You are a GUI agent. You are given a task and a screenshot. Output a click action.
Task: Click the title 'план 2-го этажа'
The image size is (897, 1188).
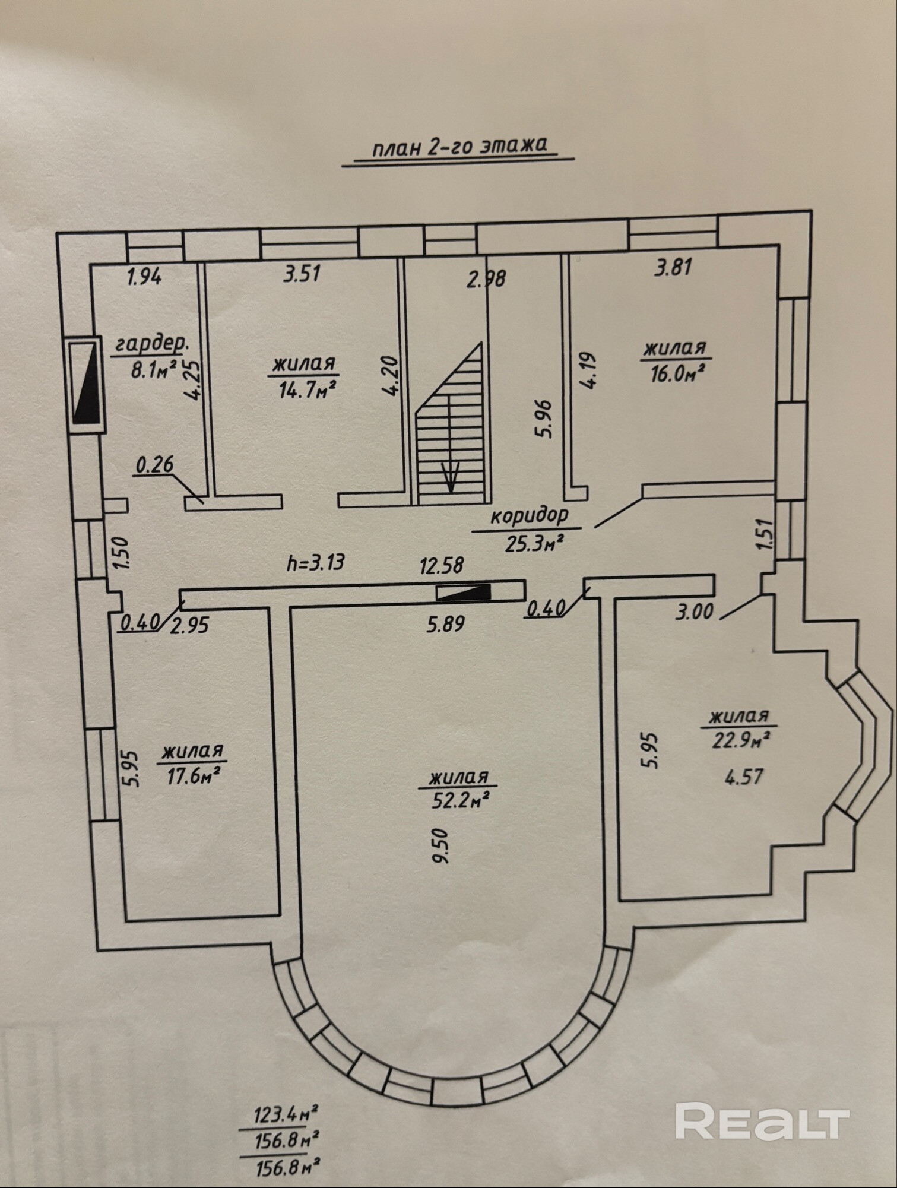tap(459, 146)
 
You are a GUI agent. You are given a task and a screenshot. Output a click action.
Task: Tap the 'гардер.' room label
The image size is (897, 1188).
tap(153, 344)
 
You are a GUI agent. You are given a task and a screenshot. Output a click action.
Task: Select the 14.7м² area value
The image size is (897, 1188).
tap(308, 389)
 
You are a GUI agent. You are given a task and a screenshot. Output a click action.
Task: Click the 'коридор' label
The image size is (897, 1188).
tap(529, 516)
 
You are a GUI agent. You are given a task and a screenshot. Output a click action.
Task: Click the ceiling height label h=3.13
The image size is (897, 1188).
tap(315, 561)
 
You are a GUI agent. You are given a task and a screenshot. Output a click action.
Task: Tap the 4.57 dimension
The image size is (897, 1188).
tap(744, 776)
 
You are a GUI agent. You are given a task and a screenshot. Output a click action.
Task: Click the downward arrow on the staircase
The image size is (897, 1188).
tap(451, 475)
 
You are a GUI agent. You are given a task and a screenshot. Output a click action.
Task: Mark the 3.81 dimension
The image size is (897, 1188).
tap(673, 268)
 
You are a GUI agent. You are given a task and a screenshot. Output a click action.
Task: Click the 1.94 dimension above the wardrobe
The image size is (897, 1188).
tap(145, 276)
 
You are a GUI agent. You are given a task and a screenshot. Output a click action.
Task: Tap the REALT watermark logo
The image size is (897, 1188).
tap(762, 1120)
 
